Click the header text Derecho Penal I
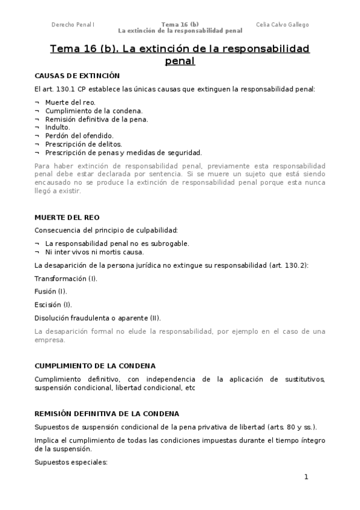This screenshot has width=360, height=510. coord(73,25)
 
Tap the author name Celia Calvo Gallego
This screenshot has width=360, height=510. coord(282,25)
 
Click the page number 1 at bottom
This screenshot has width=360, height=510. coord(306,477)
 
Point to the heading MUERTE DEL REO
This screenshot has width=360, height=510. coord(67,217)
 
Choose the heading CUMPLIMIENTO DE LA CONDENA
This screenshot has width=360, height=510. coord(95,366)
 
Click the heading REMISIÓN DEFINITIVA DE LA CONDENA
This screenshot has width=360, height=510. coord(106,414)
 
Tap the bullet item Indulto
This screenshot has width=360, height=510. coord(57,127)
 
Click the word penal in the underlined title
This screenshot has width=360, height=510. coord(180,61)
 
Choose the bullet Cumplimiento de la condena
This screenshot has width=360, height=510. coord(94,111)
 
